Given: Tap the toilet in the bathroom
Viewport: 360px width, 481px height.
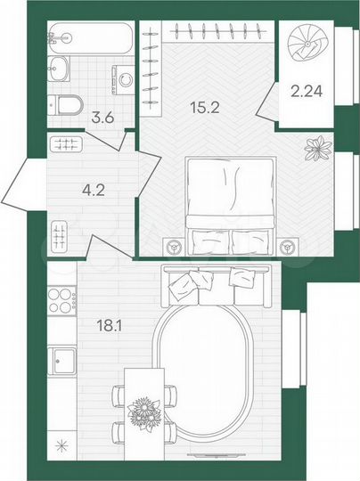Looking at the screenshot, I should [x=65, y=105].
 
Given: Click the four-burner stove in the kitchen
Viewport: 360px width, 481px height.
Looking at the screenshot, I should [x=61, y=299].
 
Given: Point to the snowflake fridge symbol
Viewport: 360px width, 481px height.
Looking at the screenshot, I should [x=61, y=445].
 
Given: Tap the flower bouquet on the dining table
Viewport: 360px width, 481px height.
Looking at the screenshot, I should [x=143, y=412].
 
